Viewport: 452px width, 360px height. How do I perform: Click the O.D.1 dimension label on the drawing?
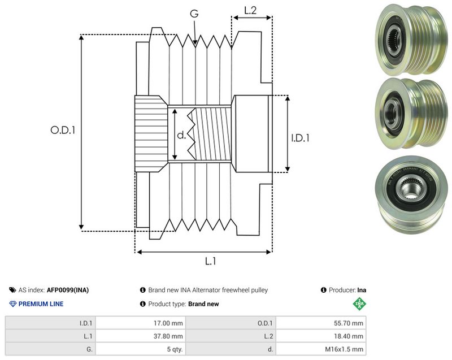(x=63, y=131)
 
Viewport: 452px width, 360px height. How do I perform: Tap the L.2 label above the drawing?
(x=250, y=10)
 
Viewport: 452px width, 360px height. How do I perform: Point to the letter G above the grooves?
(x=194, y=13)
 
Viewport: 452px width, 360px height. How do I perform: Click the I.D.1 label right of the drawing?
(x=300, y=138)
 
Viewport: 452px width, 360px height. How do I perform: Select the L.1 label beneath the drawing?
(x=210, y=261)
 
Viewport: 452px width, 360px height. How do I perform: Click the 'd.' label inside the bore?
(x=181, y=135)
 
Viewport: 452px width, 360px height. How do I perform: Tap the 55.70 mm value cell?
(x=321, y=323)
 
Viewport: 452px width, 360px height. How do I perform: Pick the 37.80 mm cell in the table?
(x=140, y=336)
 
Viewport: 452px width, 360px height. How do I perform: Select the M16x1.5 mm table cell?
(x=321, y=349)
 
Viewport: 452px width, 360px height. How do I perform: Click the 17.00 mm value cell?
(x=140, y=323)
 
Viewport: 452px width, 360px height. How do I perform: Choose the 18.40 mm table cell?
(x=321, y=336)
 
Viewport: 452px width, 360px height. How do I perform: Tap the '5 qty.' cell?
(x=140, y=349)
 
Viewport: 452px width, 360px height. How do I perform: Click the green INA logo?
(x=359, y=303)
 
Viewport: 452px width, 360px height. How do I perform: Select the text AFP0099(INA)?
(x=68, y=290)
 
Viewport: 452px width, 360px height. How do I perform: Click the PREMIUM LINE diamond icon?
(x=13, y=304)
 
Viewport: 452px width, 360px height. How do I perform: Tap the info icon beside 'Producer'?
(x=323, y=290)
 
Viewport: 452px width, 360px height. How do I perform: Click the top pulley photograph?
(x=411, y=39)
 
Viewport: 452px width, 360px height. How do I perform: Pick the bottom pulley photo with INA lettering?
(x=412, y=194)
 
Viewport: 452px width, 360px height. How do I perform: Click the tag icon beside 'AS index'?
(x=12, y=290)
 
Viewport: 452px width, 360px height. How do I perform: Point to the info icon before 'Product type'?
(x=143, y=304)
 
